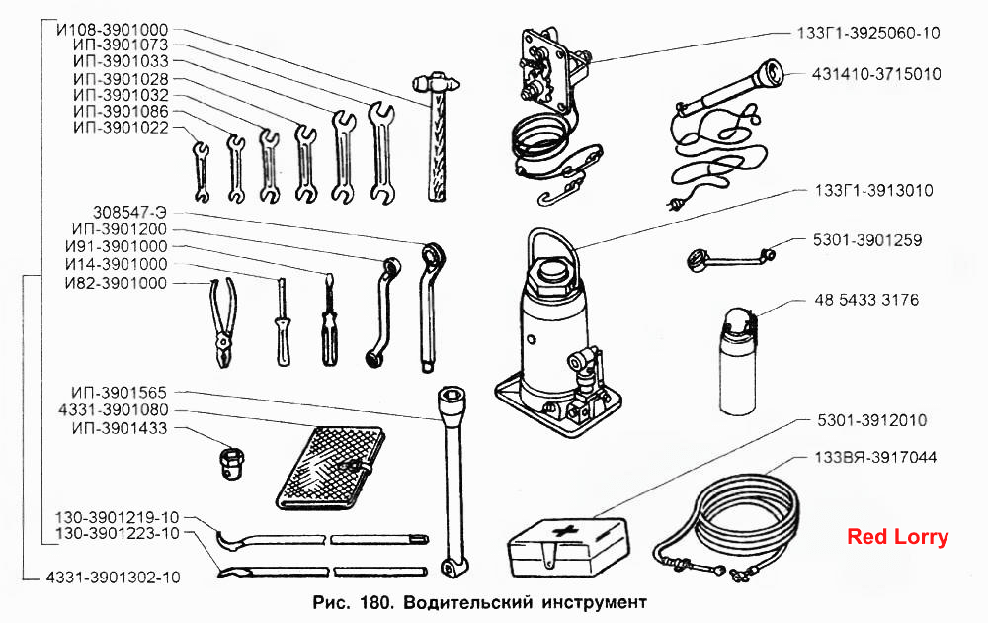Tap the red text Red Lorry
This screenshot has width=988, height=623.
point(897,537)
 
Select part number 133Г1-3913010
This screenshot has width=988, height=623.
point(873,191)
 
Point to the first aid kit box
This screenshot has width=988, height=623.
point(568,547)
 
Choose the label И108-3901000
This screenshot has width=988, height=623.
point(113,30)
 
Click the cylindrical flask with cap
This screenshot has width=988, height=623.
point(737,361)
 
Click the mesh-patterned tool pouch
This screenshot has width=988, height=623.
point(330,468)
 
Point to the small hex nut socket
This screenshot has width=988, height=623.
point(232,464)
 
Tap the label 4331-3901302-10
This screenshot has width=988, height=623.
point(114,577)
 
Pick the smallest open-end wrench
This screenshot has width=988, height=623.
point(201,171)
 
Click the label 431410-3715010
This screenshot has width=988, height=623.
point(876,74)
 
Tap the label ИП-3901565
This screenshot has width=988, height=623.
point(119,393)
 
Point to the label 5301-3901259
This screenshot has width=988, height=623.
point(867,240)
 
